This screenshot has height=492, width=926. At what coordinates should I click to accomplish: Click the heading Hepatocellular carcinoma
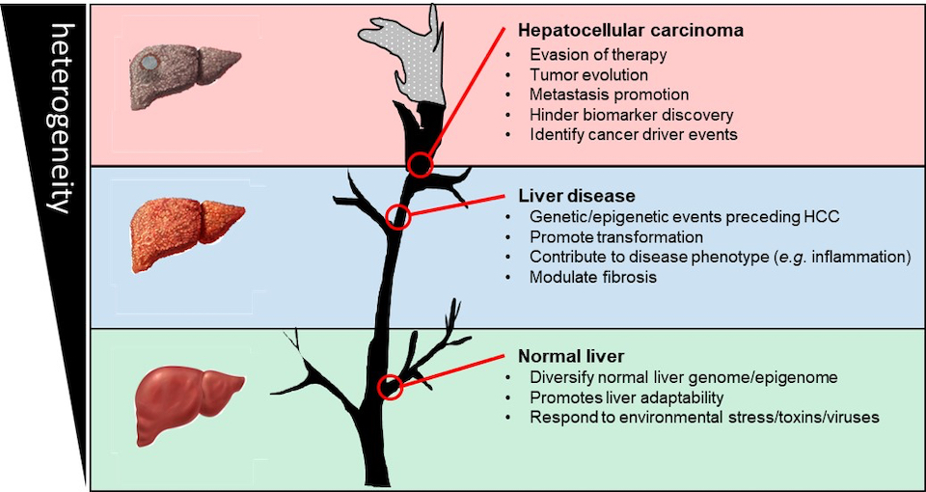[631, 30]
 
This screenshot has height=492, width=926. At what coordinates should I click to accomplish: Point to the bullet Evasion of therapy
[597, 54]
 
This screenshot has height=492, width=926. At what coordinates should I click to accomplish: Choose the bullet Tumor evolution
[588, 74]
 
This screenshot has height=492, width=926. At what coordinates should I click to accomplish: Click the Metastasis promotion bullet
[610, 95]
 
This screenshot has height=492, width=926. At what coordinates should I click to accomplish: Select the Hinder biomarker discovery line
[631, 115]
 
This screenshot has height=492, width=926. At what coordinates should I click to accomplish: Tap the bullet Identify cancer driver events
[633, 135]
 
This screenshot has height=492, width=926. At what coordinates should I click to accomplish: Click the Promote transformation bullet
[615, 236]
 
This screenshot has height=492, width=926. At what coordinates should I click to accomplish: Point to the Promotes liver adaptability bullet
[627, 396]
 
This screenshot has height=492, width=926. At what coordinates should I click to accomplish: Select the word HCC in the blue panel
[819, 216]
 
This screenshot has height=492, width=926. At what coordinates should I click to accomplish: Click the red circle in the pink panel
[420, 165]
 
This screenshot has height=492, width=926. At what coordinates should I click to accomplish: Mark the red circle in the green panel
[391, 387]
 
